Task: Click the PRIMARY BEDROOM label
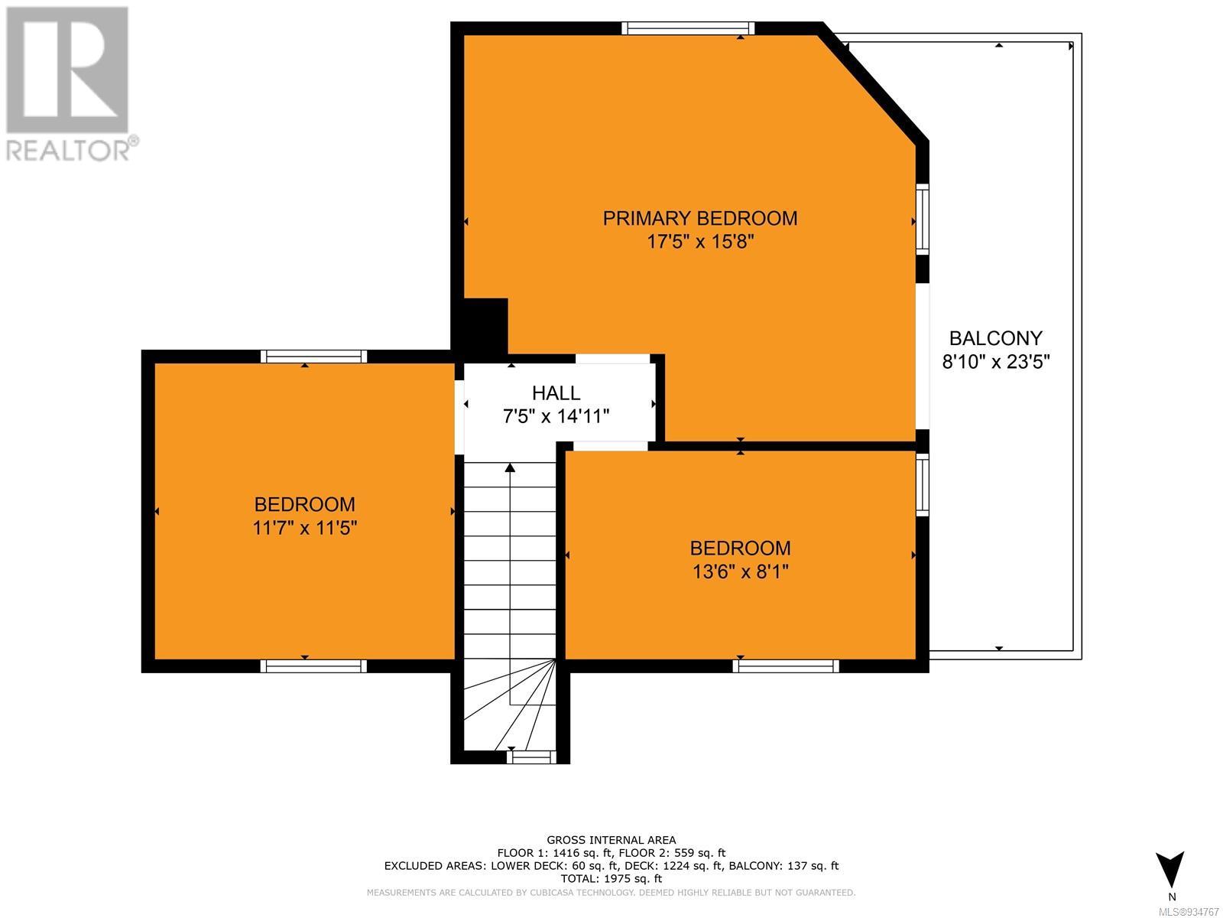pos(700,218)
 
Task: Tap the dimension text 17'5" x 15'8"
pos(700,242)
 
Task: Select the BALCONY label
pos(996,338)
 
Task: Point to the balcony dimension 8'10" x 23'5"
pos(996,363)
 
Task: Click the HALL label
pos(556,393)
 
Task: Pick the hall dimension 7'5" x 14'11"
pos(556,416)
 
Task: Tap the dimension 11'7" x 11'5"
pos(305,527)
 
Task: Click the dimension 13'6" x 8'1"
pos(741,572)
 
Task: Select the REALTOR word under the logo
pos(68,150)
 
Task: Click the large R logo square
pos(67,70)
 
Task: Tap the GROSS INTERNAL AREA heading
pos(611,840)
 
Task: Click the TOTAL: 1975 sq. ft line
pos(611,879)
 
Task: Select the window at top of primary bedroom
pos(688,28)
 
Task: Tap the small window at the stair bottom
pos(531,757)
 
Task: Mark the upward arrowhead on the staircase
pos(510,467)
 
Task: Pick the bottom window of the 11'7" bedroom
pos(313,666)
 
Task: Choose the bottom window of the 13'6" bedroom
pos(786,666)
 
